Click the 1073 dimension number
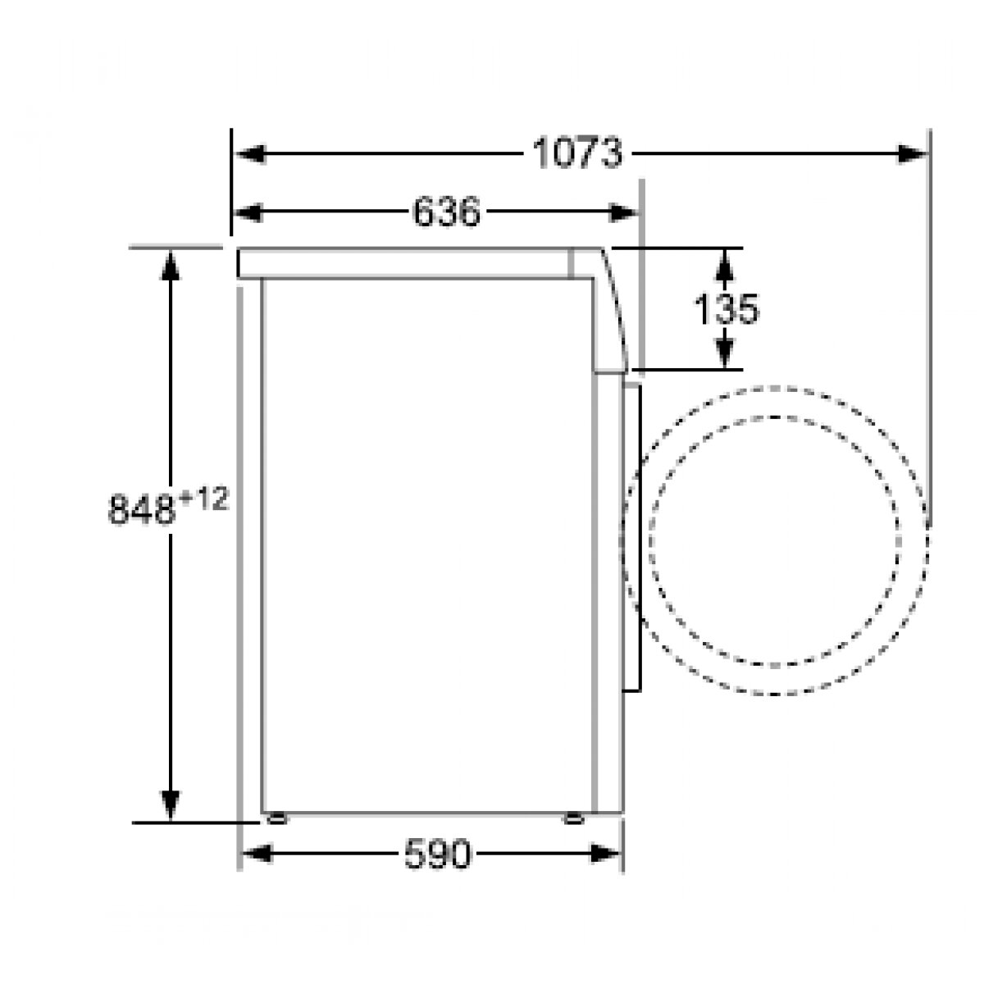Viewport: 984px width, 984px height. (x=577, y=153)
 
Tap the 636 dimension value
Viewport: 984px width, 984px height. (x=446, y=212)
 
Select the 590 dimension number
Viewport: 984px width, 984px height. (x=438, y=854)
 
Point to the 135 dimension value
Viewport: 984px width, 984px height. (x=727, y=308)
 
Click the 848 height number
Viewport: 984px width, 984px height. (x=142, y=509)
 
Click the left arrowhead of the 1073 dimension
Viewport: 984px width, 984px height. (x=250, y=153)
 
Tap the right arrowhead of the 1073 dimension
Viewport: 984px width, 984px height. (x=912, y=153)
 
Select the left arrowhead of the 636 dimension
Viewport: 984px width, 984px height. (x=248, y=212)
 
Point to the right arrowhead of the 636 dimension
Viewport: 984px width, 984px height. (x=623, y=212)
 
